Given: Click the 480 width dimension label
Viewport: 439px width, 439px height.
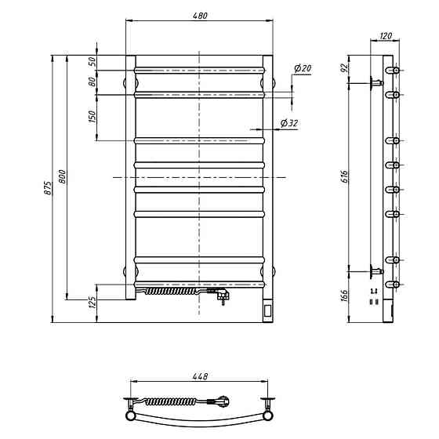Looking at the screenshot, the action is pyautogui.click(x=200, y=16).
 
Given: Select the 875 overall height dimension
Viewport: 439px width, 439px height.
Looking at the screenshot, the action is pyautogui.click(x=48, y=188).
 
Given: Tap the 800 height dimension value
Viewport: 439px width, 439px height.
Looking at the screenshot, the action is pyautogui.click(x=62, y=176).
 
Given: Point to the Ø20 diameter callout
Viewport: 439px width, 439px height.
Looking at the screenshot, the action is pyautogui.click(x=303, y=68).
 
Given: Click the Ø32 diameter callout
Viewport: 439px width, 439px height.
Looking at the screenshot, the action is pyautogui.click(x=289, y=123).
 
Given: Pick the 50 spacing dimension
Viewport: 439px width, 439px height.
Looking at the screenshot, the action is pyautogui.click(x=93, y=61).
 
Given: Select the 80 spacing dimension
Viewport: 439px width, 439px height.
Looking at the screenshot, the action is pyautogui.click(x=93, y=82).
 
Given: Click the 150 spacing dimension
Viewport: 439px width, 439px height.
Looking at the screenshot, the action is pyautogui.click(x=93, y=117).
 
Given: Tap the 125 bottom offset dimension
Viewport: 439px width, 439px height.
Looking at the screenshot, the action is pyautogui.click(x=93, y=303).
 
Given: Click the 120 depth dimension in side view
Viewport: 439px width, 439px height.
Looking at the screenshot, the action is pyautogui.click(x=386, y=36).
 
